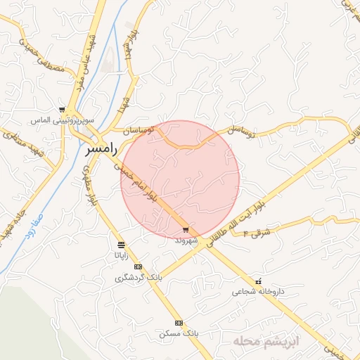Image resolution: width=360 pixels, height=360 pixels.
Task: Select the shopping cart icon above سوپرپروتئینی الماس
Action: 63,110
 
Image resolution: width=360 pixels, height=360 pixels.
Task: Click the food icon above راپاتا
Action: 122,245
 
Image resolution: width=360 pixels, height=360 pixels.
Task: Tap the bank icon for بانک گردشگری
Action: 138,266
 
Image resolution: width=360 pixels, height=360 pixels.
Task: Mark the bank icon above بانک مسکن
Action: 179,322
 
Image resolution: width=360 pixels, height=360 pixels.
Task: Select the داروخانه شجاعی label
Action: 259,290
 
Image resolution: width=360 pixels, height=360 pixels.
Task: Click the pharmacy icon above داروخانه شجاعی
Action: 259,281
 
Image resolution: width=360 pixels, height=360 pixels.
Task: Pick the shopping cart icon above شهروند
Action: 186,230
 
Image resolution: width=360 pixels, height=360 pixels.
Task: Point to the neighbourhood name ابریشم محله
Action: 267,342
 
